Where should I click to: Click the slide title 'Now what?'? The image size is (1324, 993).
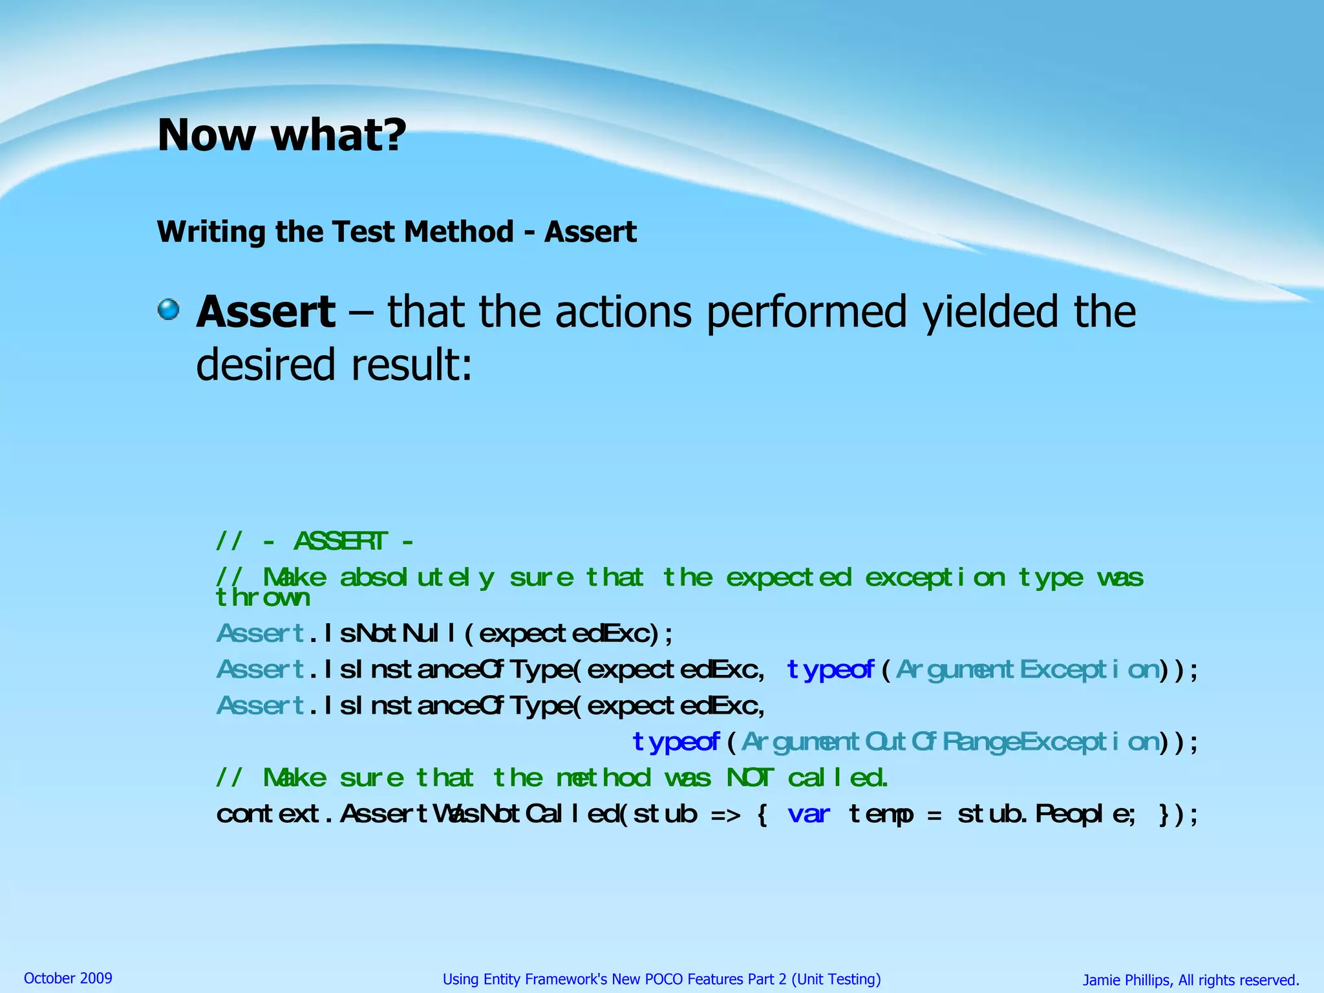(x=282, y=135)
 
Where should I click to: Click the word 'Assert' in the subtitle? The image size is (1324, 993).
(x=590, y=231)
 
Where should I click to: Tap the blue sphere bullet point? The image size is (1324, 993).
(x=169, y=309)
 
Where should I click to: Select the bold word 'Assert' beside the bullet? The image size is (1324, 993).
(x=266, y=312)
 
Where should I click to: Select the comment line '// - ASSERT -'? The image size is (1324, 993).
(x=314, y=540)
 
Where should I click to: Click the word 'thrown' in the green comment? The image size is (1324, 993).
(x=262, y=598)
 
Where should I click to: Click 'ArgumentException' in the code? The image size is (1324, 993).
(x=1028, y=670)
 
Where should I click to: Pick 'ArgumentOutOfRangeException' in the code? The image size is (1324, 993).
(x=950, y=742)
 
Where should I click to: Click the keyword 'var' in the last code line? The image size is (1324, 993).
(x=809, y=814)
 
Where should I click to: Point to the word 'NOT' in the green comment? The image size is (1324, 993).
(x=749, y=778)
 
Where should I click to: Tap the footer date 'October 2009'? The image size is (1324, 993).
(x=68, y=978)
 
